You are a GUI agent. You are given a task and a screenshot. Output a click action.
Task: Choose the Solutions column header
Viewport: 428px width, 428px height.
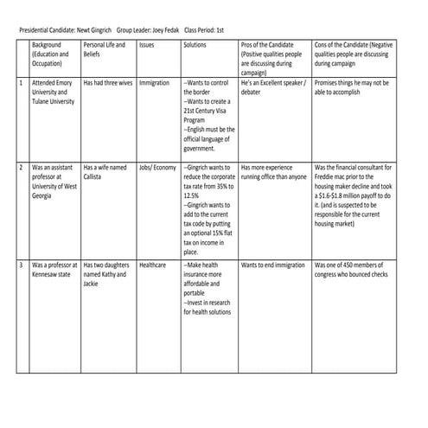(x=195, y=44)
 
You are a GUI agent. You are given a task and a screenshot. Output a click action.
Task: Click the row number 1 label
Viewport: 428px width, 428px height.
(x=21, y=83)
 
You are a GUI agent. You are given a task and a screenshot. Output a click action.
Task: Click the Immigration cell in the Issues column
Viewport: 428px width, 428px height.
(x=154, y=83)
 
